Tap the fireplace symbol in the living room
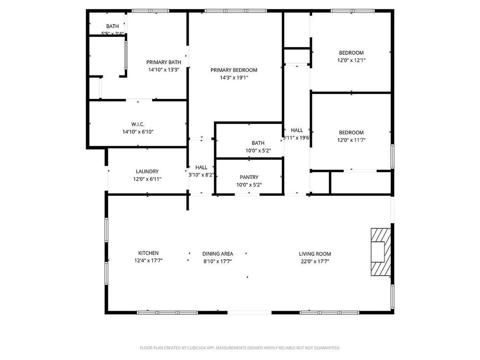pyautogui.click(x=380, y=252)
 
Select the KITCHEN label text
pyautogui.click(x=148, y=253)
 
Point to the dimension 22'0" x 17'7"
pyautogui.click(x=315, y=261)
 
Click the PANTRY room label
pyautogui.click(x=249, y=177)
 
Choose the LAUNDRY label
pyautogui.click(x=147, y=171)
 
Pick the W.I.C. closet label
pyautogui.click(x=138, y=124)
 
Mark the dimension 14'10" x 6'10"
pyautogui.click(x=138, y=132)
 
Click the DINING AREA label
pyautogui.click(x=217, y=253)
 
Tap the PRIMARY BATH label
pyautogui.click(x=164, y=62)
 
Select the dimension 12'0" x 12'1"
pyautogui.click(x=351, y=60)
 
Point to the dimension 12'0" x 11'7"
pyautogui.click(x=351, y=140)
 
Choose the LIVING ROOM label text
pyautogui.click(x=315, y=254)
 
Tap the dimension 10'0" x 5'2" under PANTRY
pyautogui.click(x=249, y=185)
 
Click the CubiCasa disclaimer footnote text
pyautogui.click(x=240, y=348)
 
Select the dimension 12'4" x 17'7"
pyautogui.click(x=148, y=261)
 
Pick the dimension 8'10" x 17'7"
pyautogui.click(x=217, y=261)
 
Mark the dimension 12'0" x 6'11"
pyautogui.click(x=147, y=179)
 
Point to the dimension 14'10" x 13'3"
pyautogui.click(x=164, y=70)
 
